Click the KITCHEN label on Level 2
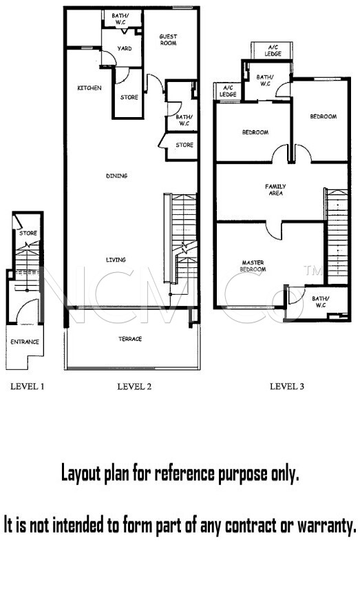(89, 88)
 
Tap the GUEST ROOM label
(168, 39)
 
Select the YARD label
(125, 48)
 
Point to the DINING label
(117, 176)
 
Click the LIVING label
(116, 260)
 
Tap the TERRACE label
(130, 339)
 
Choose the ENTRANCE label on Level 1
(25, 342)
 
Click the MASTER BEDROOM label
(253, 266)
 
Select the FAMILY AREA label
(275, 189)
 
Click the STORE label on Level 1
(28, 233)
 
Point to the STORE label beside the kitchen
(129, 97)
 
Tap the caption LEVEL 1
(28, 386)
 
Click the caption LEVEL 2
(134, 386)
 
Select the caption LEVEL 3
(287, 386)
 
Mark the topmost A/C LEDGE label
(273, 50)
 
